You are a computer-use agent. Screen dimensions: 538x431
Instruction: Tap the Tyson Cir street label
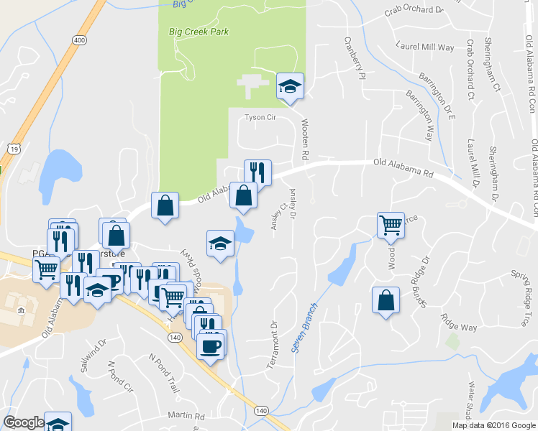tap(260, 117)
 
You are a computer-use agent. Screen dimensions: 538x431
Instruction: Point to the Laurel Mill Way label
tap(426, 47)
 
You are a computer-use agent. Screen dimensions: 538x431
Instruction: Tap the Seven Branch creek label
tap(305, 326)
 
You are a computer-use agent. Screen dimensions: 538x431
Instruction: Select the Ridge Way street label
tap(459, 327)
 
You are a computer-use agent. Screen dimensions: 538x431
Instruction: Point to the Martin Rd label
tap(186, 415)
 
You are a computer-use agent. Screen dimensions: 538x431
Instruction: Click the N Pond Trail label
tap(163, 367)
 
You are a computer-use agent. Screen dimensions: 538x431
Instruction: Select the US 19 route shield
tap(14, 147)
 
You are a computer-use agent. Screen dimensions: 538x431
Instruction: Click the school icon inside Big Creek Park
tap(291, 87)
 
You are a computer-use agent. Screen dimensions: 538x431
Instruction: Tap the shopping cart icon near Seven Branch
tap(391, 224)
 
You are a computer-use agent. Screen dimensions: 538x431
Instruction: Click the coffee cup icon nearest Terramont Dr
tap(211, 346)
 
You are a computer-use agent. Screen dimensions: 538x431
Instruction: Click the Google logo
tap(24, 422)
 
